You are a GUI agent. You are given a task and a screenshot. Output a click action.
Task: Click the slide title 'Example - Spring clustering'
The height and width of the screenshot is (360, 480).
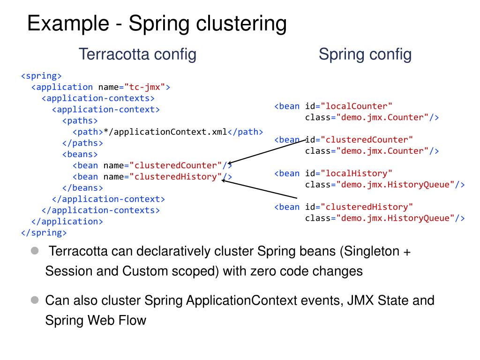(157, 23)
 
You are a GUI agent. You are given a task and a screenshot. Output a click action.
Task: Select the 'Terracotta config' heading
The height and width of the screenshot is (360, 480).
(137, 54)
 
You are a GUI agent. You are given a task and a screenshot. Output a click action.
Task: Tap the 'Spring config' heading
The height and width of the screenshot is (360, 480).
(365, 54)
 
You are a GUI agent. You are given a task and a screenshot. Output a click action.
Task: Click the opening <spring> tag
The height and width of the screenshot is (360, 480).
(41, 76)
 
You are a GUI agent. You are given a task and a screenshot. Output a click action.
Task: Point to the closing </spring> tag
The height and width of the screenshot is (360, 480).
(44, 232)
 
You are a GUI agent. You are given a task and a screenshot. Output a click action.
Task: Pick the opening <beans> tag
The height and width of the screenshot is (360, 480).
(80, 154)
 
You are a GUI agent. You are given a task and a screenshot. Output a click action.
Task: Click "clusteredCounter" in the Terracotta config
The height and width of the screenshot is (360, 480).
(176, 165)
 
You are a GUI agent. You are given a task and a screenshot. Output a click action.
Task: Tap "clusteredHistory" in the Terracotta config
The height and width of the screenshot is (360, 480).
(176, 177)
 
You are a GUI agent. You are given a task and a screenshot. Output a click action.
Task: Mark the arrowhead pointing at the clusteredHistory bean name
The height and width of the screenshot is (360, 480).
(224, 180)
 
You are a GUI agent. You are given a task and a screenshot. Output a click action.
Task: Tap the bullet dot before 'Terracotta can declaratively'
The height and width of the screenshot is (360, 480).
(34, 251)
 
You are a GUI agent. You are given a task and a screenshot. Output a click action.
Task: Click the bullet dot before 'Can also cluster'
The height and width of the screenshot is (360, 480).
(34, 300)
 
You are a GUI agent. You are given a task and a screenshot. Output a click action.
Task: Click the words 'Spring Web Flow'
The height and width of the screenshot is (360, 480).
(96, 321)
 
